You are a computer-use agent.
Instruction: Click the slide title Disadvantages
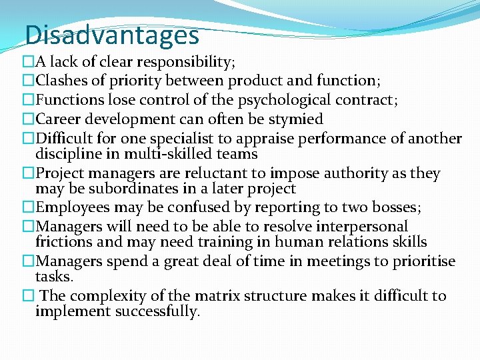[112, 34]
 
